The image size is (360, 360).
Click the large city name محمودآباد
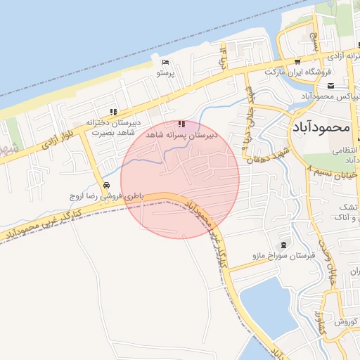point(319,128)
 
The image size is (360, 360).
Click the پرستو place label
point(165,72)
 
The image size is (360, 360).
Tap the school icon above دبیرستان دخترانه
point(113,112)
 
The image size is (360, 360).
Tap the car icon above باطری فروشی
point(106,186)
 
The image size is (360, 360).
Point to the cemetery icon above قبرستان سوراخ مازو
point(283,245)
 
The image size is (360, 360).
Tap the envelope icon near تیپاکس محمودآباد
point(330,86)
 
